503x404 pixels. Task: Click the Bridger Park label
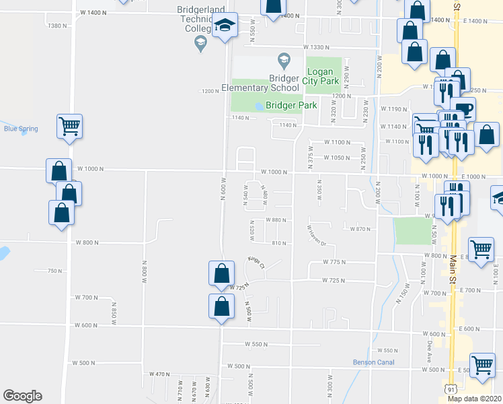[291, 106]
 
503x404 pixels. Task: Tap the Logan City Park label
[323, 76]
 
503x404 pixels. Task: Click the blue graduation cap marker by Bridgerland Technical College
[225, 27]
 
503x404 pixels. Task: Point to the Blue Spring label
[20, 129]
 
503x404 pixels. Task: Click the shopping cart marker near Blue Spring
[70, 127]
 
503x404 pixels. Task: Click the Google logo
[22, 396]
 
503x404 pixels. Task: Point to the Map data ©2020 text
[474, 399]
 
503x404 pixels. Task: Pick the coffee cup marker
[463, 109]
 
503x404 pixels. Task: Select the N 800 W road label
[144, 275]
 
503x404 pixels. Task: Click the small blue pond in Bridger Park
[260, 106]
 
